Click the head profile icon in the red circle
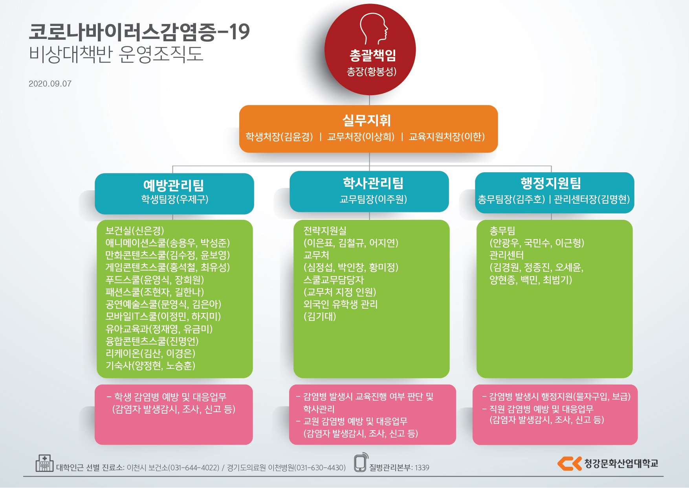[x=374, y=29]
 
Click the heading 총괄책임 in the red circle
[x=373, y=55]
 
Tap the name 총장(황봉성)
[x=372, y=72]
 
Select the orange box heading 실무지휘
[x=366, y=120]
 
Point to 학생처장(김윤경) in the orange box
[x=279, y=136]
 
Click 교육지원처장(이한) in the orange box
[x=447, y=136]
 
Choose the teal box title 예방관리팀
[x=174, y=185]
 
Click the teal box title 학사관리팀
[x=373, y=183]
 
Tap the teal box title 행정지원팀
[x=551, y=183]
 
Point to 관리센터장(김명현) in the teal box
[x=592, y=199]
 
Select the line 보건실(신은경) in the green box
[x=135, y=230]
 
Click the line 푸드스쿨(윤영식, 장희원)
[x=155, y=280]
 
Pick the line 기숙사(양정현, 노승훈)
[x=150, y=366]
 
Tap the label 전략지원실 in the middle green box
[x=325, y=230]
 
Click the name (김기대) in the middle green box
[x=320, y=317]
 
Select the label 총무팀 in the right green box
[x=502, y=230]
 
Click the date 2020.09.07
[x=50, y=84]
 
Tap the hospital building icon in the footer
[x=44, y=463]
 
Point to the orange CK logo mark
[x=569, y=463]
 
